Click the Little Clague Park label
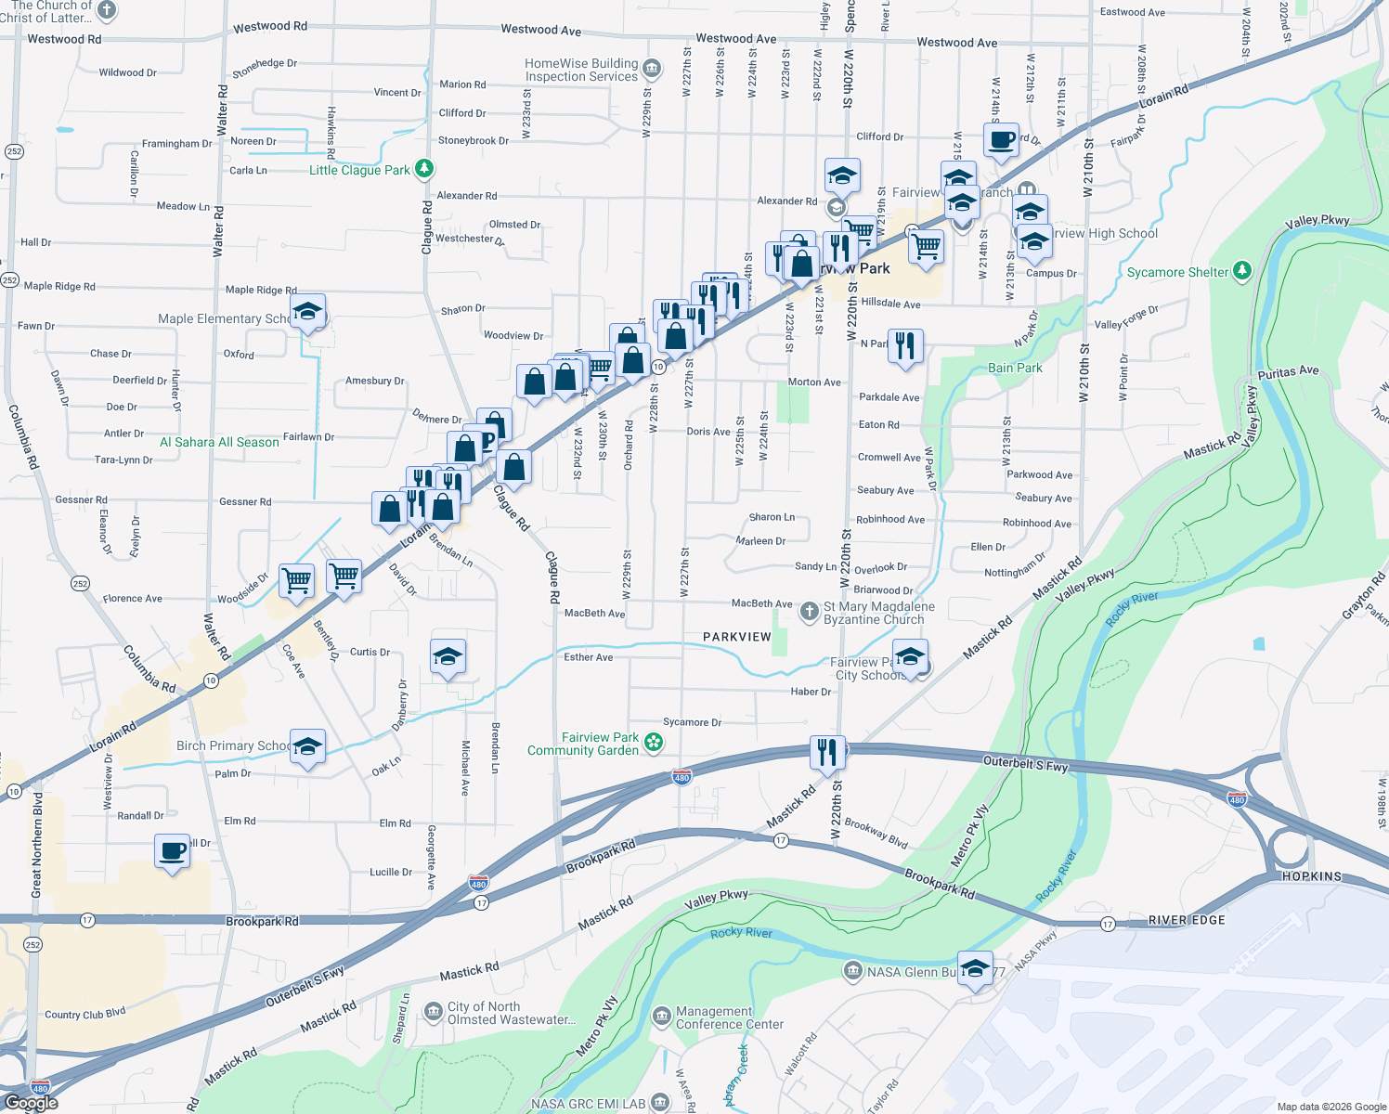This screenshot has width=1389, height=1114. (x=359, y=170)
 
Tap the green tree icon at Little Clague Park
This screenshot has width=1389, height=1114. (x=424, y=168)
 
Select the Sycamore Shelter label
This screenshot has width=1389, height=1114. (x=1177, y=272)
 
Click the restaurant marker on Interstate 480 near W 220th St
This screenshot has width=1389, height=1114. (x=826, y=753)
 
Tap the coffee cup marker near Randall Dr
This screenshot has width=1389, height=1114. (x=173, y=850)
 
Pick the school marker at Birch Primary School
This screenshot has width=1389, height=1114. (x=307, y=746)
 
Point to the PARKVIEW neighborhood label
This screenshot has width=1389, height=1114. (x=736, y=637)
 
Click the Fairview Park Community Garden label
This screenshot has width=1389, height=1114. (x=584, y=744)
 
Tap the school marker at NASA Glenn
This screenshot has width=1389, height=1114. (x=975, y=968)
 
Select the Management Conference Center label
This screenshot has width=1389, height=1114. (x=730, y=1017)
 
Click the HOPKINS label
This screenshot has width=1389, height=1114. (x=1312, y=876)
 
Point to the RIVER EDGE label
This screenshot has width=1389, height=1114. (x=1187, y=920)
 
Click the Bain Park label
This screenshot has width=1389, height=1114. (x=1015, y=368)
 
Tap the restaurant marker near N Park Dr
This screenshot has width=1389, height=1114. (x=904, y=345)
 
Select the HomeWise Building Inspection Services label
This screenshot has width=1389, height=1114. (x=581, y=70)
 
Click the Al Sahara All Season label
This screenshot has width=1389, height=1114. (x=219, y=442)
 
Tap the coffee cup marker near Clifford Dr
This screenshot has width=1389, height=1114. (x=1001, y=140)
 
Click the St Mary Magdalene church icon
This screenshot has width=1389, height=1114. (x=810, y=610)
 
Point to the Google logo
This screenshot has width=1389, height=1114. (x=32, y=1103)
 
